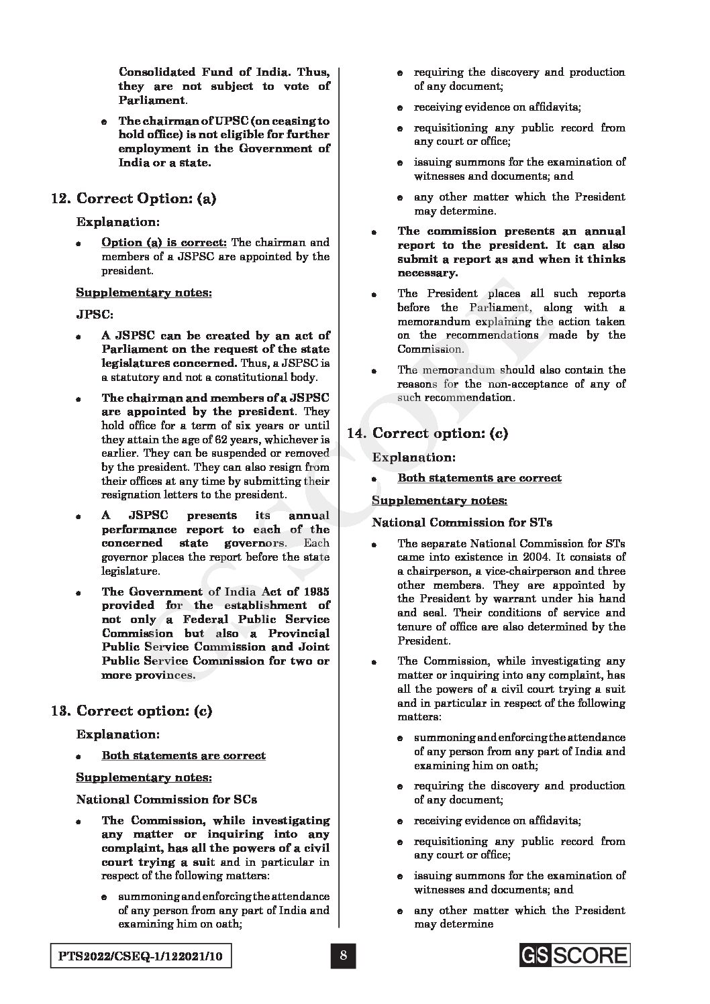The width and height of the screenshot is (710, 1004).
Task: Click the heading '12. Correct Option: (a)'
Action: [134, 199]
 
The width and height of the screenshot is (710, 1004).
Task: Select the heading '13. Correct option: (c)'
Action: [132, 711]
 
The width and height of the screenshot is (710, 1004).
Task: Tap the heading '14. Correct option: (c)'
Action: [427, 433]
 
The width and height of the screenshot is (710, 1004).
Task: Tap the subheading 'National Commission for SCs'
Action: [166, 799]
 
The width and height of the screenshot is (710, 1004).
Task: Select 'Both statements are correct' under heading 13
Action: [183, 755]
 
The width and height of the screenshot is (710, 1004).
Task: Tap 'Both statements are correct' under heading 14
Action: [479, 478]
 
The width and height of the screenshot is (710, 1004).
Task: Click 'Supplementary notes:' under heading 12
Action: [143, 292]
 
